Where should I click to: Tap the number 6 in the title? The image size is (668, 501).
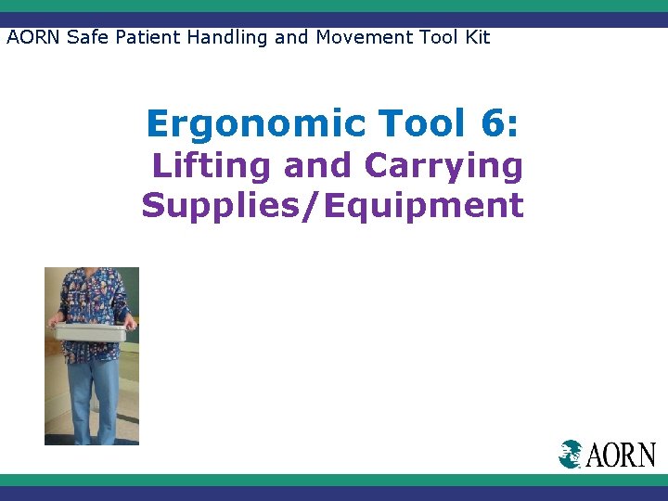tap(492, 122)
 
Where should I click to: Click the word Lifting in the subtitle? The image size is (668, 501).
tap(212, 166)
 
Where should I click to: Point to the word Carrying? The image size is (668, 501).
tap(443, 167)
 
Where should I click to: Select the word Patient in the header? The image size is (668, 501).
tap(147, 37)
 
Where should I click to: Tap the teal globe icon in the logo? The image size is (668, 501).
tap(570, 454)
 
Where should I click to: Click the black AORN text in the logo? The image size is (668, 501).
tap(620, 455)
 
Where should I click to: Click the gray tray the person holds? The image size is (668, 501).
tap(91, 331)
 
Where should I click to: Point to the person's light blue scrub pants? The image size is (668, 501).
tap(93, 394)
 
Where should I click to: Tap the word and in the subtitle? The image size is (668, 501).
tap(317, 166)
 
